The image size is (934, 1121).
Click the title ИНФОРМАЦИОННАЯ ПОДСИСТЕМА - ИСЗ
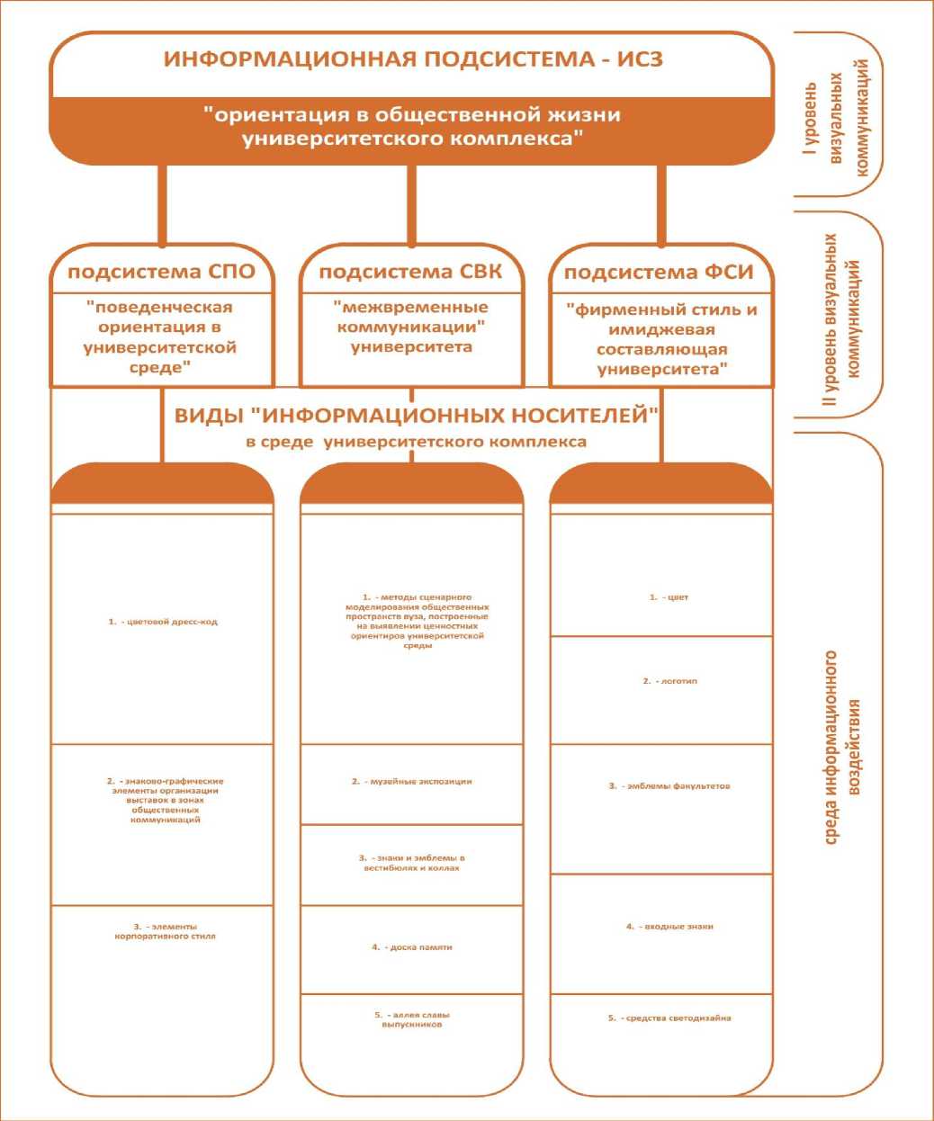pyautogui.click(x=413, y=60)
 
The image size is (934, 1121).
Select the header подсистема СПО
pyautogui.click(x=162, y=272)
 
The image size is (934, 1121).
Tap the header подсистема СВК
pyautogui.click(x=410, y=272)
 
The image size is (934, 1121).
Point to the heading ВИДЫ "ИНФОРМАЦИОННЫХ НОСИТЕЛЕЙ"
pyautogui.click(x=417, y=416)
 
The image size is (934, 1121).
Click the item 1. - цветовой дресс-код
pyautogui.click(x=163, y=622)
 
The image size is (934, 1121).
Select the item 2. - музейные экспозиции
pyautogui.click(x=411, y=782)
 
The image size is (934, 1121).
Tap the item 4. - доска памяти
pyautogui.click(x=411, y=947)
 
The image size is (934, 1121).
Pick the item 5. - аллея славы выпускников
pyautogui.click(x=411, y=1019)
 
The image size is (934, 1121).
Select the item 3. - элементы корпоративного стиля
pyautogui.click(x=163, y=931)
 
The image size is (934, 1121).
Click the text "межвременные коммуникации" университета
pyautogui.click(x=411, y=327)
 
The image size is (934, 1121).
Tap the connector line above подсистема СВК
pyautogui.click(x=412, y=205)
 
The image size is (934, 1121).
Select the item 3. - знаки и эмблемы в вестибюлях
pyautogui.click(x=411, y=863)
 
